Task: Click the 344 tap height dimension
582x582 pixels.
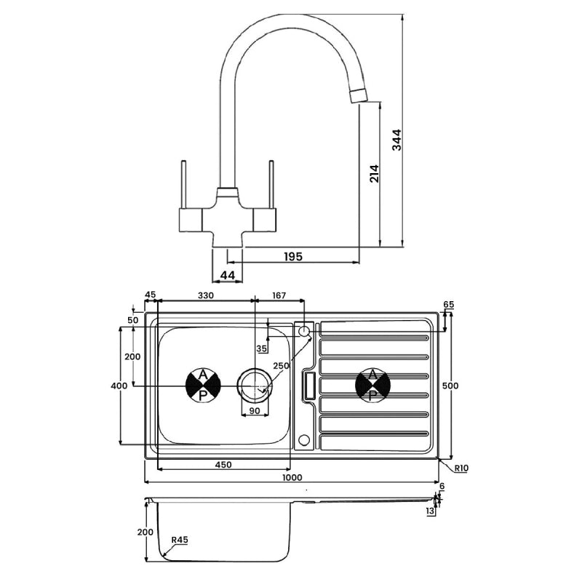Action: [397, 139]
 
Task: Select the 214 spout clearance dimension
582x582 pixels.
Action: [375, 172]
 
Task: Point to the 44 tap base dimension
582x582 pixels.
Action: [227, 275]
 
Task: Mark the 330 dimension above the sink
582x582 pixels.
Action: [206, 295]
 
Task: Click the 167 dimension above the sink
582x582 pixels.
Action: [278, 295]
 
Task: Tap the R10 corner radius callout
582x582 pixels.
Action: [460, 469]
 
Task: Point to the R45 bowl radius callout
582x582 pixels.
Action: [180, 540]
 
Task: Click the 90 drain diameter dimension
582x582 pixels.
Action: [255, 411]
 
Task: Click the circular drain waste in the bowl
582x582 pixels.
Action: [255, 383]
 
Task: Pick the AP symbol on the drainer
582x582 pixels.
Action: [372, 384]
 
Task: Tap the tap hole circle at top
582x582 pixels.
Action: [304, 332]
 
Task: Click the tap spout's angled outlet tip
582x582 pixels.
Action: [359, 96]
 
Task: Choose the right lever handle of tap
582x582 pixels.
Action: [271, 186]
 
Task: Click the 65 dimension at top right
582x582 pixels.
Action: [448, 304]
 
